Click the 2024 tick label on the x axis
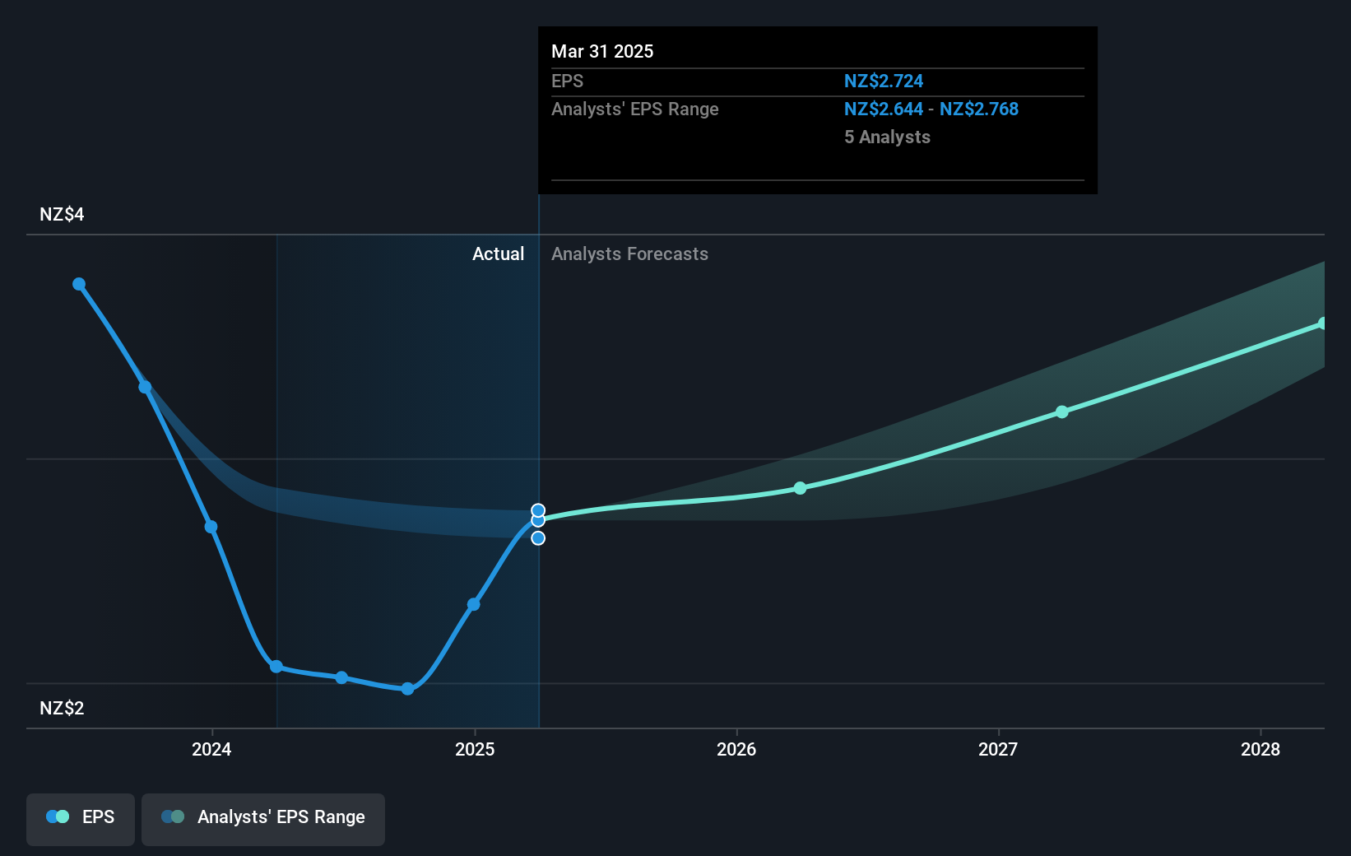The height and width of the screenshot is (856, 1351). pos(211,749)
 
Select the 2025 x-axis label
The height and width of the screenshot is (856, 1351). pos(475,749)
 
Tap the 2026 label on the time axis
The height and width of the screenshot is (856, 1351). pos(736,749)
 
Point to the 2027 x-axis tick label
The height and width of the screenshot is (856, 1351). pos(998,749)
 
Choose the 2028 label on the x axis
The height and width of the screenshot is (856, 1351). pos(1260,749)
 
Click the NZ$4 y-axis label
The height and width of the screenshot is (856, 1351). pos(62,215)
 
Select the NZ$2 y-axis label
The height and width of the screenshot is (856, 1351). pos(62,708)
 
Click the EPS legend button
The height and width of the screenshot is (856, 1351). pos(81,818)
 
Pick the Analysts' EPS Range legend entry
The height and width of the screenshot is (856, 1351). pos(263,818)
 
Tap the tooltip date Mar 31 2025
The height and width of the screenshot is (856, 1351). pos(602,52)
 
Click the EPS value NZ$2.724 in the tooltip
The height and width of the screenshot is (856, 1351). pos(883,81)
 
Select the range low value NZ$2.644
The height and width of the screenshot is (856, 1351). pos(883,109)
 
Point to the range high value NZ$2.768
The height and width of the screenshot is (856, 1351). pos(978,109)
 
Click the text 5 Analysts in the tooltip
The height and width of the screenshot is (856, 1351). pos(887,137)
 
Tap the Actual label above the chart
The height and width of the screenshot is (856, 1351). pos(498,254)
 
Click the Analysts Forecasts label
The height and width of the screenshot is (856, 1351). pos(629,254)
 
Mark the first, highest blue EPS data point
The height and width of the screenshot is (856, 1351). pos(79,284)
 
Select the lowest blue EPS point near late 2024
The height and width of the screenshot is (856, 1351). pos(407,689)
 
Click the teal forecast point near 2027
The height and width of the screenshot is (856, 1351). pos(1062,412)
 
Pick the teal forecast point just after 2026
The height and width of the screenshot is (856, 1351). pos(801,488)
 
